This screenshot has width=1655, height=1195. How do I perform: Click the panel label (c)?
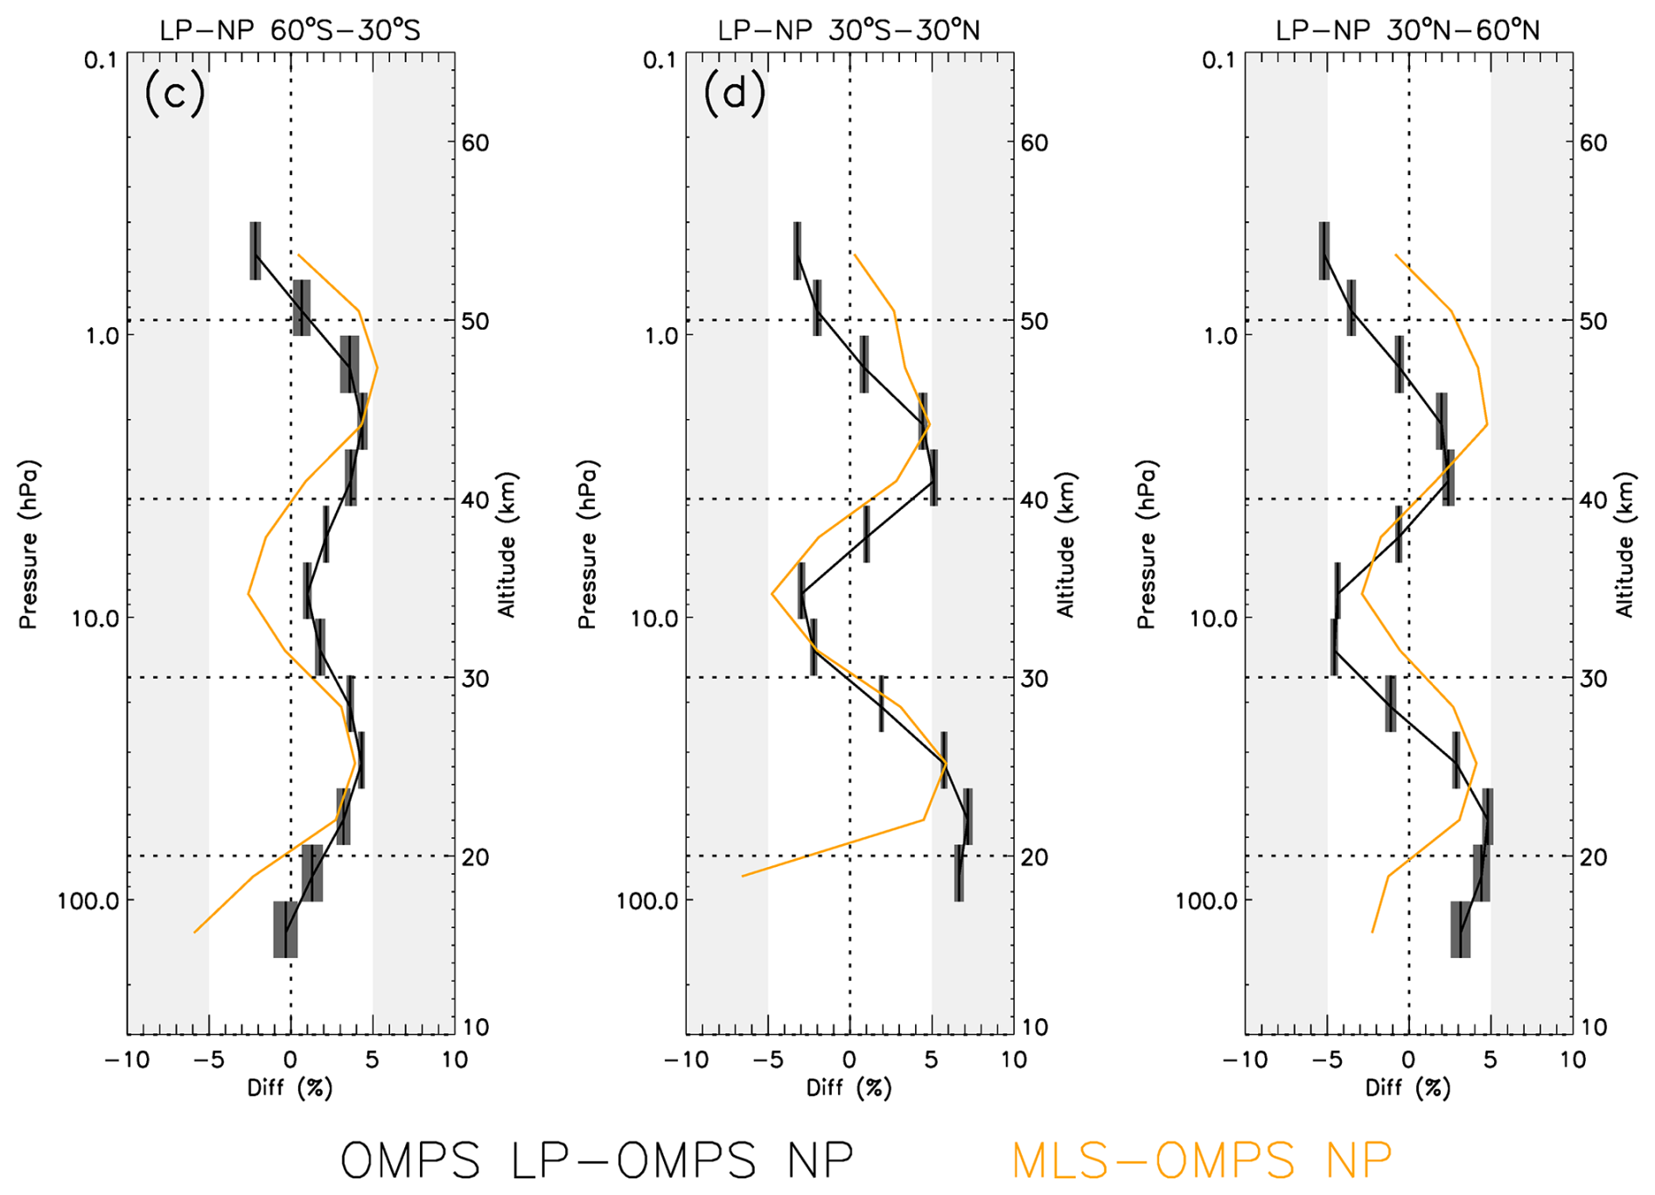click(x=175, y=93)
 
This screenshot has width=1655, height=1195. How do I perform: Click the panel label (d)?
click(x=734, y=93)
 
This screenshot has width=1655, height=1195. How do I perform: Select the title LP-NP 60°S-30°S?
click(x=290, y=31)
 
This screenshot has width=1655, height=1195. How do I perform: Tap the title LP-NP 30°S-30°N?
click(x=848, y=31)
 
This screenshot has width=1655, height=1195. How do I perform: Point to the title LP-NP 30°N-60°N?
click(x=1407, y=31)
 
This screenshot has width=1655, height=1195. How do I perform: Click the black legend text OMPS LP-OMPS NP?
click(x=597, y=1160)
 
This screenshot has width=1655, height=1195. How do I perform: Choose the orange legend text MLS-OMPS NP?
click(x=1201, y=1160)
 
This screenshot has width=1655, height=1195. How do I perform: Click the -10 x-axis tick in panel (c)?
click(x=127, y=1060)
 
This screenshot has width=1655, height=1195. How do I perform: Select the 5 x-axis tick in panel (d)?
click(x=932, y=1060)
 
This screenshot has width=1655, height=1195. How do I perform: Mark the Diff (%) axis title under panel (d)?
click(x=848, y=1088)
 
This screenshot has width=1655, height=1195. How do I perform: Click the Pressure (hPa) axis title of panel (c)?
click(x=29, y=544)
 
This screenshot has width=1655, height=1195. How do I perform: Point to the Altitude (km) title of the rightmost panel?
click(x=1625, y=544)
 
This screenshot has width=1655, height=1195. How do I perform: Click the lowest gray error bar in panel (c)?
click(x=285, y=929)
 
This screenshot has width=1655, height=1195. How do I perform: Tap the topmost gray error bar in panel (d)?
click(x=797, y=251)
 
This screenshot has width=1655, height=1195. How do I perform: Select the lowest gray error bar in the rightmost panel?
click(x=1460, y=929)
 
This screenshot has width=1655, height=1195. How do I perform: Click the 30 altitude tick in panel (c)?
click(x=475, y=679)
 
